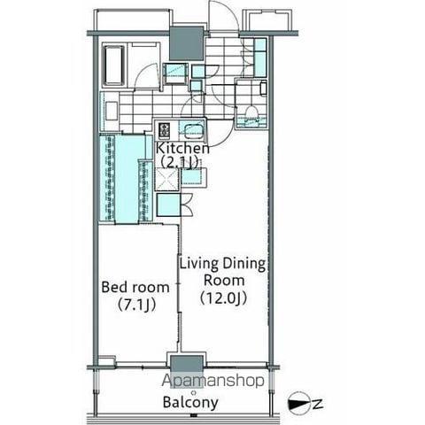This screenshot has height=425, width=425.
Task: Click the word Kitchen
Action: (x=182, y=149)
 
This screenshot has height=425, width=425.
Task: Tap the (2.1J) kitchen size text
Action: (x=179, y=162)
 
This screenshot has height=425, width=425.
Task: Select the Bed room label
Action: (x=135, y=287)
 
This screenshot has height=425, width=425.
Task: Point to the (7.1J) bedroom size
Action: (x=136, y=305)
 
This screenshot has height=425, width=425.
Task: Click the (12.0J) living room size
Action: (x=223, y=298)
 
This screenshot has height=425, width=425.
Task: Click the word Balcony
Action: (x=190, y=403)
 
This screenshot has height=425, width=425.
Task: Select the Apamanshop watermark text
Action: (x=212, y=381)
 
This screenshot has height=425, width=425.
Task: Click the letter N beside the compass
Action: (x=317, y=405)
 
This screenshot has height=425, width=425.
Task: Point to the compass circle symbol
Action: (x=298, y=405)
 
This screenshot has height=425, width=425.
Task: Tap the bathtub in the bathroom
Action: (x=113, y=66)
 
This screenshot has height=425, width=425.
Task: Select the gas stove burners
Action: (x=164, y=130)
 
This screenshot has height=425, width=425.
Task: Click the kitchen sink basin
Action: (x=193, y=131)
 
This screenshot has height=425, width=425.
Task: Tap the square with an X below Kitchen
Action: (x=166, y=178)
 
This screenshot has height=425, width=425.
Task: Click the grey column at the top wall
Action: (x=187, y=44)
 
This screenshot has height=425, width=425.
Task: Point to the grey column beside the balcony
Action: (x=187, y=364)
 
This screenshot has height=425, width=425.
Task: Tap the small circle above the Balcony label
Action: (x=194, y=392)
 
